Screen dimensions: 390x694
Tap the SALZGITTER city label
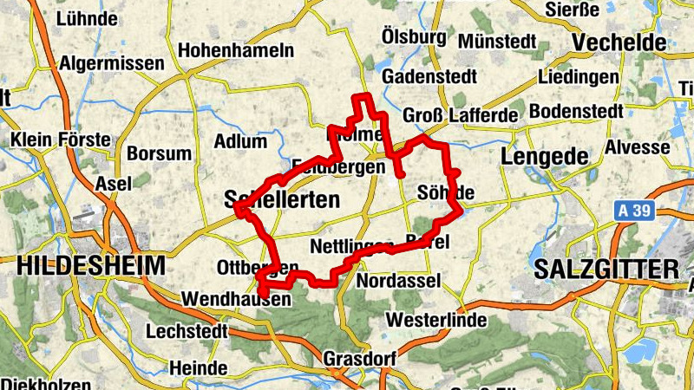(606, 269)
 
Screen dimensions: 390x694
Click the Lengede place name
(544, 156)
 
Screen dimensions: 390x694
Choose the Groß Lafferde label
(460, 114)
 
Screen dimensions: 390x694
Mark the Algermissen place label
(111, 63)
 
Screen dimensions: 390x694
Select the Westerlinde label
(435, 320)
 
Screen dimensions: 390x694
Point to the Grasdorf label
(359, 358)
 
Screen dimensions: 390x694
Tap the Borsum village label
(159, 153)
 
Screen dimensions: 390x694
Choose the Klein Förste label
(60, 140)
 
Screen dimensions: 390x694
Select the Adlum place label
(239, 140)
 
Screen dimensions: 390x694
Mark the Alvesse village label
(638, 146)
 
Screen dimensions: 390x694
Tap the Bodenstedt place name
(576, 111)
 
